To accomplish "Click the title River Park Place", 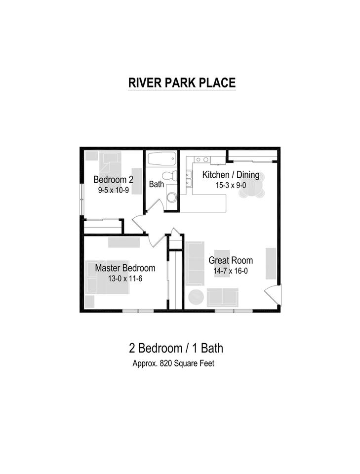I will click(182, 83).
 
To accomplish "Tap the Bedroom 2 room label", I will click(113, 179).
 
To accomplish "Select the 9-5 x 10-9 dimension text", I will click(113, 190).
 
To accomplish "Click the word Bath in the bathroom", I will click(156, 185).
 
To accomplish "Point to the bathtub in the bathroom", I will click(161, 159).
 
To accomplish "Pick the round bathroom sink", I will click(171, 197).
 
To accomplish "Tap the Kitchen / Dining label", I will click(230, 175).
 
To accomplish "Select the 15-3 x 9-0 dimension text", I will click(230, 186).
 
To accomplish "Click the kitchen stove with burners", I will click(201, 159).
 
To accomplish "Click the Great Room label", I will click(231, 260).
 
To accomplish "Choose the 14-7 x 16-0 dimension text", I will click(231, 271).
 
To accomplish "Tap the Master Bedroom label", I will click(125, 268).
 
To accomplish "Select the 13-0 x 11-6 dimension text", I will click(125, 278).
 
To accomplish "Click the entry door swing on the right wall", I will click(273, 295).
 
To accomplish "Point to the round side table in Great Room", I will click(196, 297).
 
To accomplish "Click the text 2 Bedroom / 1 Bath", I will click(176, 348).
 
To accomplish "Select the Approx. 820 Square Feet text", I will click(173, 364).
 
